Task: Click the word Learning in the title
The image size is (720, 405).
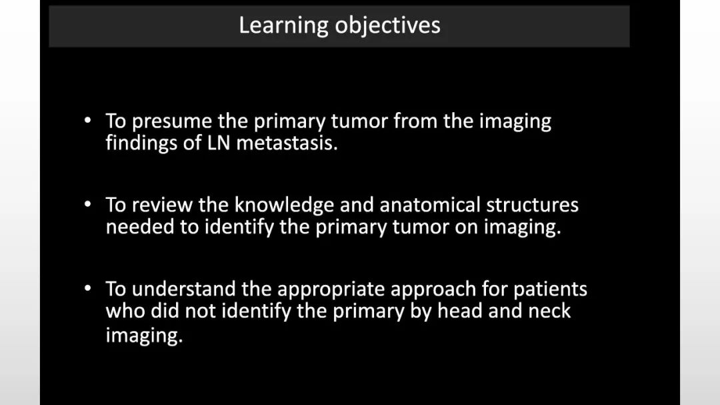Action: click(283, 26)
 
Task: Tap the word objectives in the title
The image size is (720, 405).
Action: click(387, 25)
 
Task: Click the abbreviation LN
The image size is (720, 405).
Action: click(218, 143)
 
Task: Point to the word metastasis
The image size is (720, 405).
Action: click(287, 143)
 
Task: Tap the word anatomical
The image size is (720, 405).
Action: click(430, 205)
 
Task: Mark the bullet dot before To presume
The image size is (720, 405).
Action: click(88, 121)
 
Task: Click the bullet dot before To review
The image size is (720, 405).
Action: click(88, 204)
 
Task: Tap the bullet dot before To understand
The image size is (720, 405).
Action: click(88, 288)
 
